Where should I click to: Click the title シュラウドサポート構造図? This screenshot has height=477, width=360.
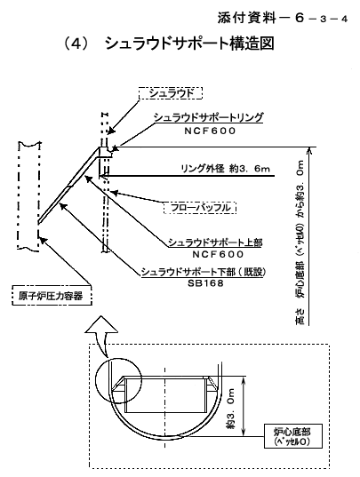(x=189, y=44)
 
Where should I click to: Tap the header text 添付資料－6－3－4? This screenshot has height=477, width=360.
(x=283, y=18)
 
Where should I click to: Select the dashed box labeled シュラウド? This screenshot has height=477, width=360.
(x=171, y=93)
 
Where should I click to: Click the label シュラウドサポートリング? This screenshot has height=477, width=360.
(x=208, y=117)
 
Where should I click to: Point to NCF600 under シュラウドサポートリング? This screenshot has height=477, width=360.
(x=210, y=131)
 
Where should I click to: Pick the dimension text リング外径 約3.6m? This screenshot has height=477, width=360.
(x=225, y=169)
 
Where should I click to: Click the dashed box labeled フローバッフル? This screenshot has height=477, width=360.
(x=200, y=208)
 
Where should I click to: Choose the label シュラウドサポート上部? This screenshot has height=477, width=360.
(x=215, y=242)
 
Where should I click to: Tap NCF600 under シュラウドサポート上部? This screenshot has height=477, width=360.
(x=218, y=254)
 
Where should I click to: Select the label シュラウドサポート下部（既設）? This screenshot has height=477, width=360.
(x=204, y=272)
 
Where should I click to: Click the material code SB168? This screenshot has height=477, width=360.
(x=205, y=283)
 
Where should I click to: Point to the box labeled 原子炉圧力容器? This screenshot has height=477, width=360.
(x=52, y=295)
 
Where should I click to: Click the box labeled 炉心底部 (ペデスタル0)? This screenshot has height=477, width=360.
(x=292, y=436)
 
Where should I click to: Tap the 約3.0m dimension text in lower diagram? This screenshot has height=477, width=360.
(x=230, y=409)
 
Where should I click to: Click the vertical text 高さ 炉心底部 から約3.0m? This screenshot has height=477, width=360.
(x=300, y=242)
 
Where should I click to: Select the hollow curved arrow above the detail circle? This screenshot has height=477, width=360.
(x=102, y=335)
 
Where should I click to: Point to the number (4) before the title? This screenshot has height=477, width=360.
(x=76, y=44)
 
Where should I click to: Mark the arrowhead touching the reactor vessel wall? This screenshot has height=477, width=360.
(x=44, y=240)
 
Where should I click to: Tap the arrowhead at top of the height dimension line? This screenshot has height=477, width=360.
(x=309, y=150)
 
